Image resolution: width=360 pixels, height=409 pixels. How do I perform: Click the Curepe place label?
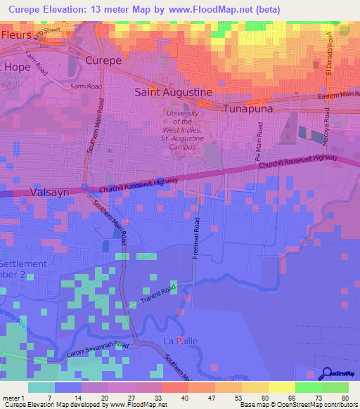click(x=104, y=61)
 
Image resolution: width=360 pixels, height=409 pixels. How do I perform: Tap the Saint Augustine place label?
click(x=173, y=92)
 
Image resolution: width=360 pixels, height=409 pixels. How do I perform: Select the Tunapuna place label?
click(x=252, y=109)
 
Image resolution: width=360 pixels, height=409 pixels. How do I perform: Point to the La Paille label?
click(x=179, y=341)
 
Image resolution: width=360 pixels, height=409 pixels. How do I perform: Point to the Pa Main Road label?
click(x=259, y=138)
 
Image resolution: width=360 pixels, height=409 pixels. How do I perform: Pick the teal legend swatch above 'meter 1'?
click(x=41, y=387)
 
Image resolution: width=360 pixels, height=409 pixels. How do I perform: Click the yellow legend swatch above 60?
click(x=255, y=387)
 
